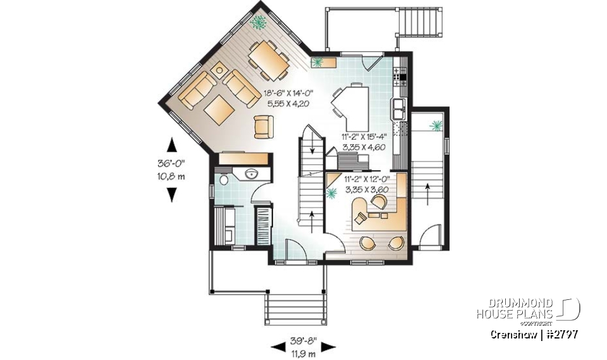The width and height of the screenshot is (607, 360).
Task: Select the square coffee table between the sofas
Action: [219, 109]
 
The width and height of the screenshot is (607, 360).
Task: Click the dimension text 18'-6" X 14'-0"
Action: [289, 93]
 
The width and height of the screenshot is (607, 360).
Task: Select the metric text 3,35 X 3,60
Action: [366, 189]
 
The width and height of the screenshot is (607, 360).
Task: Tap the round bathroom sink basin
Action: [249, 175]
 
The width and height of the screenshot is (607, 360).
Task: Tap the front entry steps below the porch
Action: [295, 309]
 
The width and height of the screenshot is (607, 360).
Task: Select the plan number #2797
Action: [559, 334]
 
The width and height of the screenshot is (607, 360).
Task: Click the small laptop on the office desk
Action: [359, 218]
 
